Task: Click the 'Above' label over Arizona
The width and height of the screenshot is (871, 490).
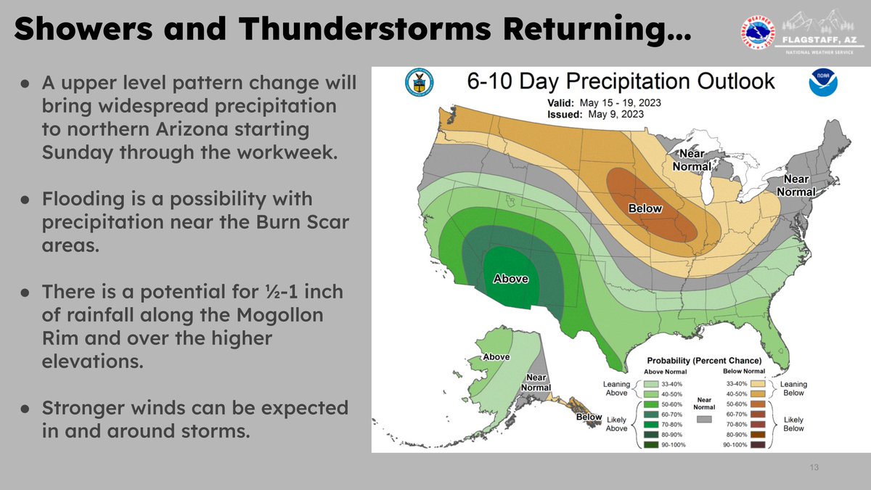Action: tap(511, 278)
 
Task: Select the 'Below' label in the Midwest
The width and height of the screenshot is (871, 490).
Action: tap(645, 208)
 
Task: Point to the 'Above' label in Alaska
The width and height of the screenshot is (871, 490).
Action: tap(496, 356)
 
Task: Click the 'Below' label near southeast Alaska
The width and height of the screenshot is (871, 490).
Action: tap(589, 417)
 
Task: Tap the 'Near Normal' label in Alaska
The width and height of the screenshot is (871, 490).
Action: tap(536, 382)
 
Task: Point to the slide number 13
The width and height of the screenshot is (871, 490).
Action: tap(814, 467)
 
